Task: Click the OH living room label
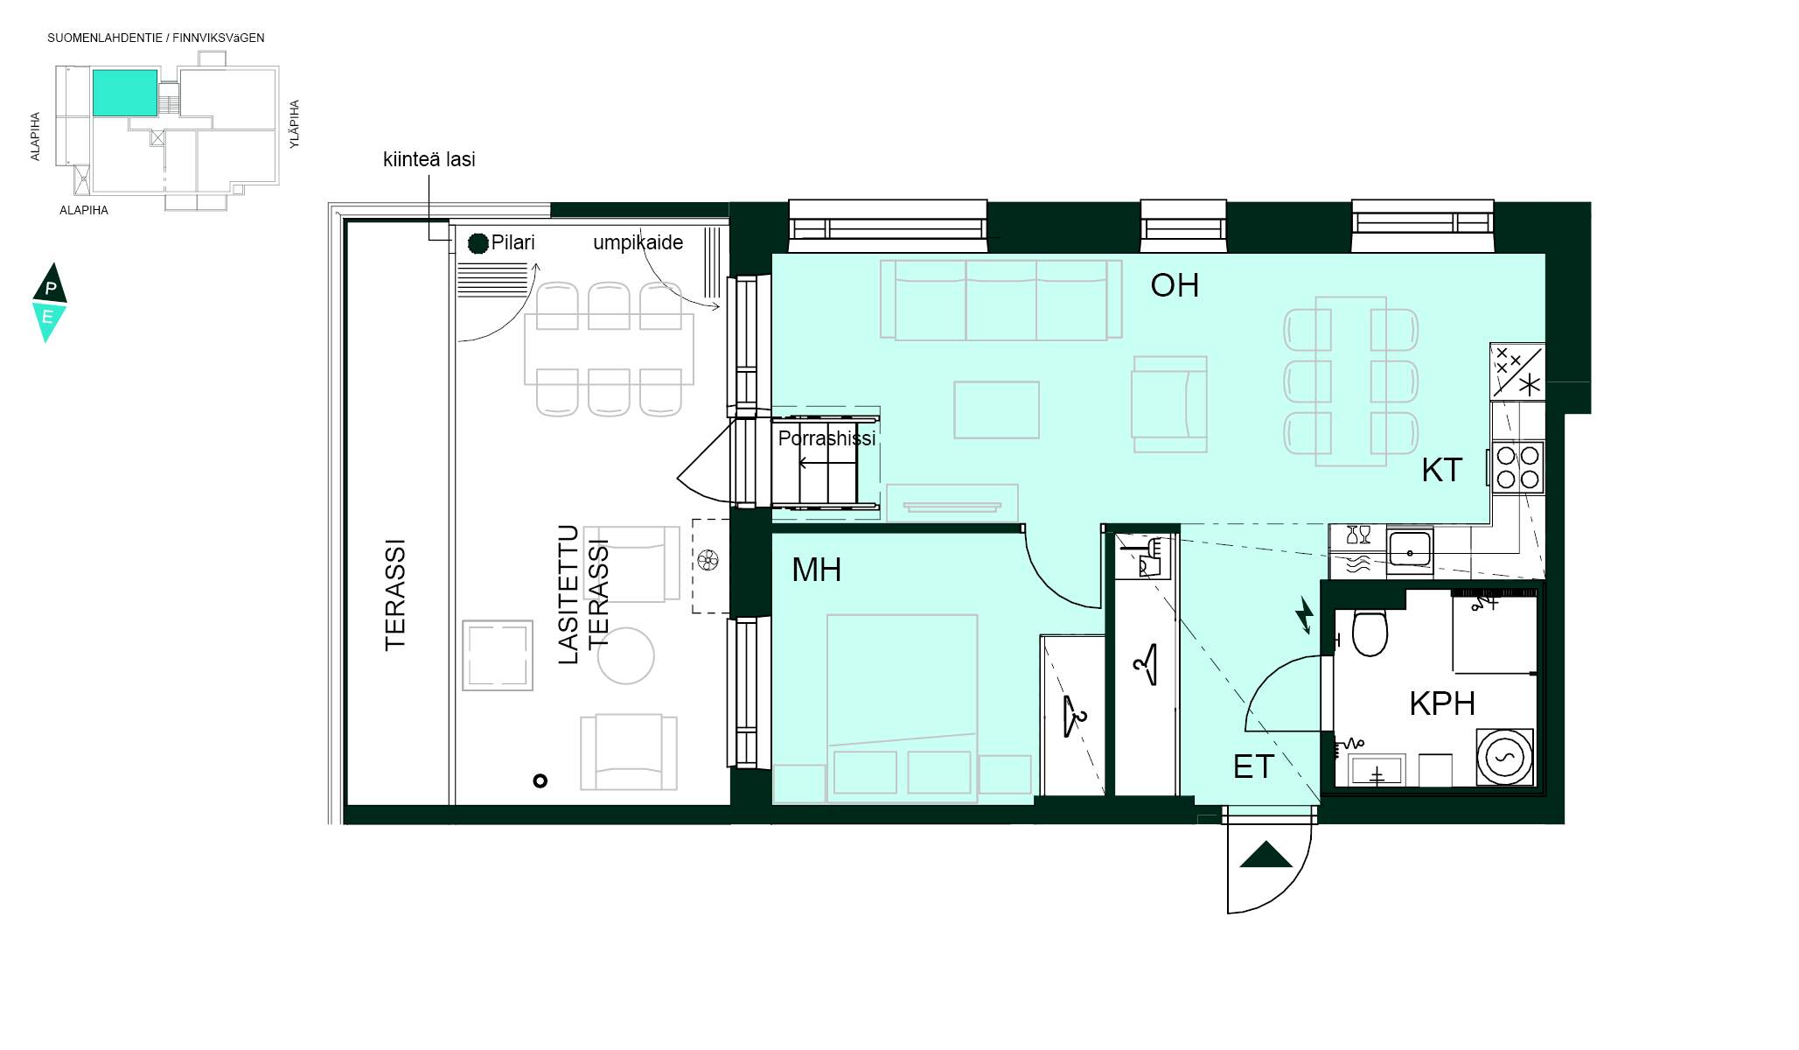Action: (x=1175, y=285)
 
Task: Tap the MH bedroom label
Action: (x=816, y=570)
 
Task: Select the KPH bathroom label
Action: (x=1442, y=703)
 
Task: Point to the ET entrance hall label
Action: (x=1253, y=767)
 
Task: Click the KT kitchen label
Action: (x=1441, y=471)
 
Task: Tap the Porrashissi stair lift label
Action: (x=826, y=438)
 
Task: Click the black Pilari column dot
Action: (x=478, y=243)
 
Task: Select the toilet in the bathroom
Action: (x=1369, y=631)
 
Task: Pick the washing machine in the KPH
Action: (x=1505, y=756)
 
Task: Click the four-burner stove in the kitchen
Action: (x=1517, y=467)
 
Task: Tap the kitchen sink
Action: (x=1410, y=549)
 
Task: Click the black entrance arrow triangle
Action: (x=1266, y=854)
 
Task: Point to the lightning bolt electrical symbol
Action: (x=1304, y=614)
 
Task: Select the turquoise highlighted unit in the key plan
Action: (x=125, y=93)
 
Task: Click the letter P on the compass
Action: (x=51, y=289)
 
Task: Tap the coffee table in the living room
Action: (x=996, y=409)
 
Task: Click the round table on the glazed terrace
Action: (x=626, y=655)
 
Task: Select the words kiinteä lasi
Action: (x=429, y=159)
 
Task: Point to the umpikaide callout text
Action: (x=638, y=242)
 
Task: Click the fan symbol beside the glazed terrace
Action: (x=708, y=560)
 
